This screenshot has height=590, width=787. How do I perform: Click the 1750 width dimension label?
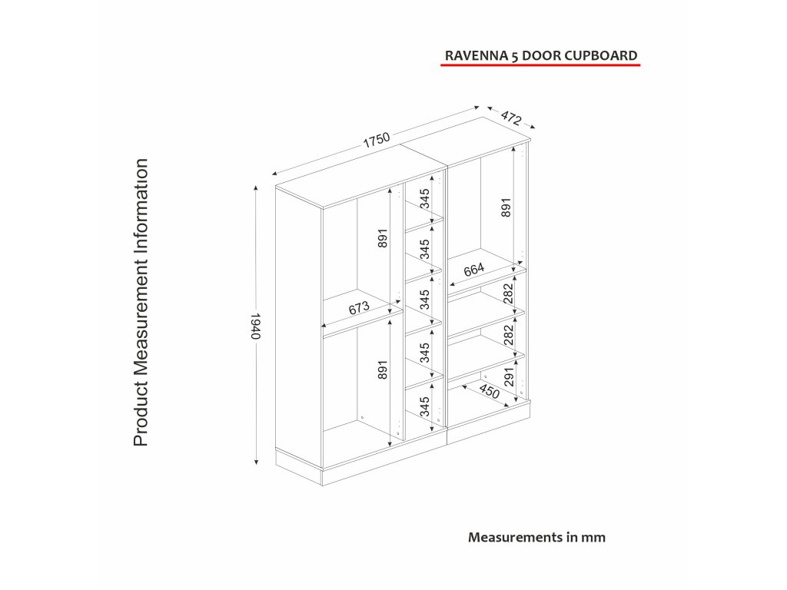[x=377, y=141]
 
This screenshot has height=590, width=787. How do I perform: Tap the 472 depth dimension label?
[x=511, y=118]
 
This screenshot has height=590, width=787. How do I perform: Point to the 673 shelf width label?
[x=359, y=308]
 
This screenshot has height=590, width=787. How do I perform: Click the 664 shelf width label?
[x=473, y=269]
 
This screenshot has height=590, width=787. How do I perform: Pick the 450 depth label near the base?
[x=490, y=391]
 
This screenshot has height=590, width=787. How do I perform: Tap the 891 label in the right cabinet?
[x=505, y=207]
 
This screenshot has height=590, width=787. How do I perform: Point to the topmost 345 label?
[x=424, y=199]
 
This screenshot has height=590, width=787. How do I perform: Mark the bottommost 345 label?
[x=424, y=406]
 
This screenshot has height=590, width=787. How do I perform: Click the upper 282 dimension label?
[x=507, y=293]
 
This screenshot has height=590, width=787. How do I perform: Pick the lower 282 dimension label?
[x=507, y=335]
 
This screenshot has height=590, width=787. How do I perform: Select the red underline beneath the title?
[x=540, y=67]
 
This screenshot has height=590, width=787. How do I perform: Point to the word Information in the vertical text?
[x=141, y=204]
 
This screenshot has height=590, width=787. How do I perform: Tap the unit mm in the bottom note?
[x=593, y=537]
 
